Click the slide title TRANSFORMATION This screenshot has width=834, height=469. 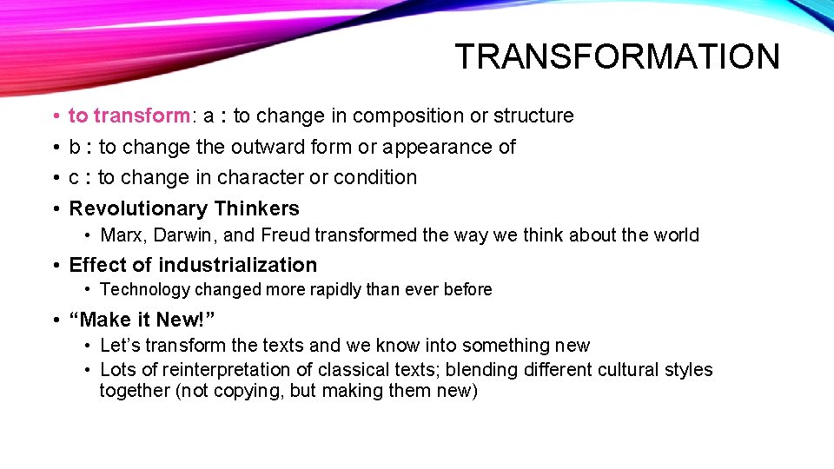click(x=617, y=57)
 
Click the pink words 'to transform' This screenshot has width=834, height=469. click(x=129, y=116)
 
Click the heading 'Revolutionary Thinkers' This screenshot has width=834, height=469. click(x=184, y=208)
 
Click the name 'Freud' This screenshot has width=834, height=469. click(x=286, y=235)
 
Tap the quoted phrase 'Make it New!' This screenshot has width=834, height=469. click(x=142, y=320)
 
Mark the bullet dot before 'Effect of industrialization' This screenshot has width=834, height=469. click(x=56, y=265)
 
